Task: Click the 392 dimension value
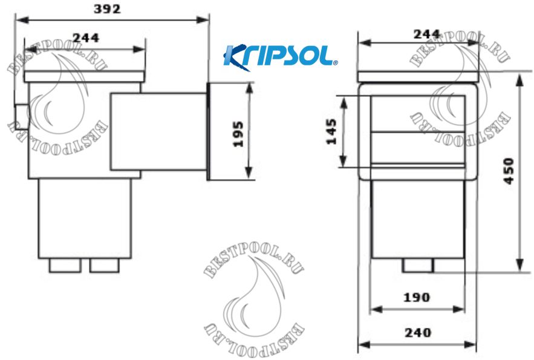pyautogui.click(x=108, y=9)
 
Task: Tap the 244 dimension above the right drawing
pyautogui.click(x=426, y=34)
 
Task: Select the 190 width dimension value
pyautogui.click(x=417, y=297)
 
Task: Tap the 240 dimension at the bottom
pyautogui.click(x=417, y=332)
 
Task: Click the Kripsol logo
pyautogui.click(x=280, y=56)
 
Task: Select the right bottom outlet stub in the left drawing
pyautogui.click(x=105, y=265)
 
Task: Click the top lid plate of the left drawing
pyautogui.click(x=85, y=77)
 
